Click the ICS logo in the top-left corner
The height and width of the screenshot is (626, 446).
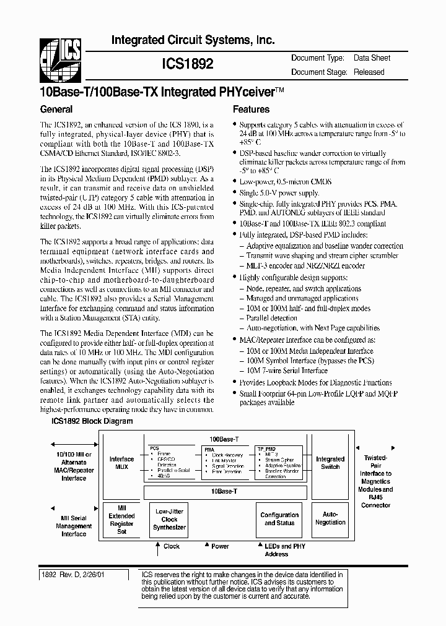[61, 60]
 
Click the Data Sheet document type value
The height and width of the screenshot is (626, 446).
[372, 58]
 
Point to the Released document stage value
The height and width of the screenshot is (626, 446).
[369, 72]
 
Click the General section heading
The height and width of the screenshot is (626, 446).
[56, 109]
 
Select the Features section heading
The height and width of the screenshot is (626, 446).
[250, 109]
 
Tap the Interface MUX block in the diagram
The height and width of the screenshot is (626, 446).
[121, 463]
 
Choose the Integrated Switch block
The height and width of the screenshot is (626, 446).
[330, 463]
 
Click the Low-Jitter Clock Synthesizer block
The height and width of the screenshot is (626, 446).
[169, 520]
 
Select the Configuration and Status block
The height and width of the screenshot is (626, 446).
[279, 518]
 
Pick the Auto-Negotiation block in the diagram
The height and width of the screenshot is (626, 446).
[330, 518]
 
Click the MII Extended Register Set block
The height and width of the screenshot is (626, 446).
[121, 520]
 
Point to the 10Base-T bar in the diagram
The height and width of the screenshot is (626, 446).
[225, 492]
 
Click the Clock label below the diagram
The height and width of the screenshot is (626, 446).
[172, 546]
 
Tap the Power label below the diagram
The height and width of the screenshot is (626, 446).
[220, 546]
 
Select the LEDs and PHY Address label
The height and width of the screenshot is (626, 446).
[285, 550]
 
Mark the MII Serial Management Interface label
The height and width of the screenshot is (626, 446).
[74, 526]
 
